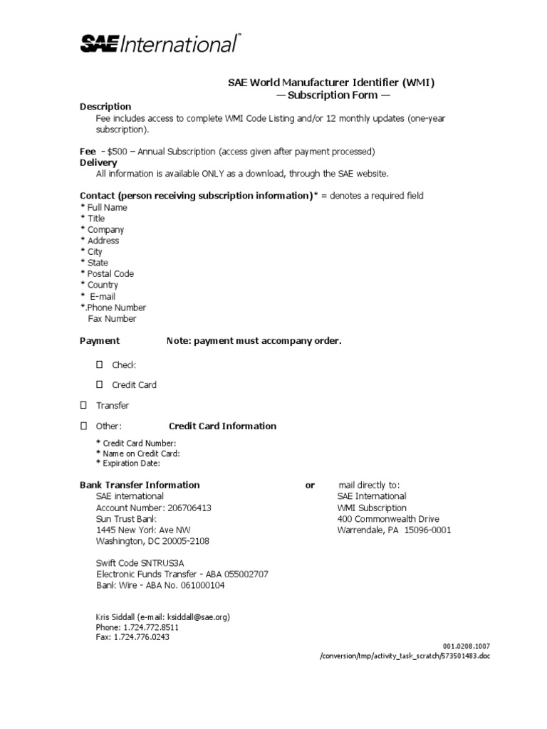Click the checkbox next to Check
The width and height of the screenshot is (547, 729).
(x=100, y=364)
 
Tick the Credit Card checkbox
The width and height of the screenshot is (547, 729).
(x=100, y=384)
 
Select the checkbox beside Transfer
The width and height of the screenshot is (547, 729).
(x=83, y=405)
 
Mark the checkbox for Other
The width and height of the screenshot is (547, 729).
(x=83, y=426)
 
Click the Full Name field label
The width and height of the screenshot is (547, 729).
(x=107, y=207)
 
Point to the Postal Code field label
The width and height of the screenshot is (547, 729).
(x=110, y=273)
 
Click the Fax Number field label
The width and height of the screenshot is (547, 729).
(x=112, y=319)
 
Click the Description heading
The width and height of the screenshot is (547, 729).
(x=105, y=107)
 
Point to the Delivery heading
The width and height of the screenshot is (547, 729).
(x=98, y=162)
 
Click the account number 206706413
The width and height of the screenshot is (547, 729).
(x=189, y=508)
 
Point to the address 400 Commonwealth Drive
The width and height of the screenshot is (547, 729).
(x=388, y=519)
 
